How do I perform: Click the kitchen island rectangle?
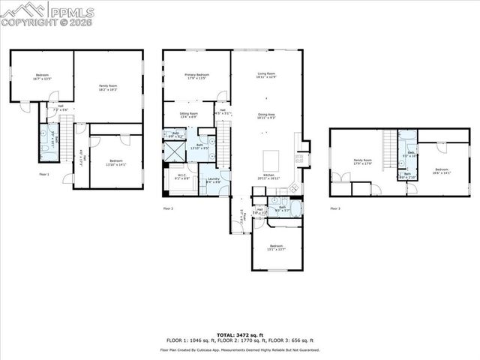(271, 161)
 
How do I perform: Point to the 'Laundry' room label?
(214, 180)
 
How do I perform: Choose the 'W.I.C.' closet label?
(181, 178)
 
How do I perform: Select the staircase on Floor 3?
(388, 142)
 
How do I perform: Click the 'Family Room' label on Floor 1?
(109, 88)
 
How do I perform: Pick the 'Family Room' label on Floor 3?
(363, 162)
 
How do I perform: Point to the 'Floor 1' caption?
(43, 174)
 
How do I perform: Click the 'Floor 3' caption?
(334, 208)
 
